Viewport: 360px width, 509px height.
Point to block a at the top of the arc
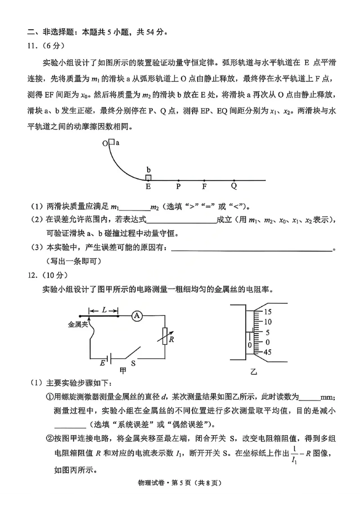pyautogui.click(x=112, y=143)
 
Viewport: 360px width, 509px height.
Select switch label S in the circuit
pyautogui.click(x=133, y=362)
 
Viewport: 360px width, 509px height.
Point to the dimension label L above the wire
pyautogui.click(x=104, y=310)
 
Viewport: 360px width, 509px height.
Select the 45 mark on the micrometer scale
pyautogui.click(x=267, y=352)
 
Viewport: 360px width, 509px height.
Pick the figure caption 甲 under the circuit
pyautogui.click(x=122, y=371)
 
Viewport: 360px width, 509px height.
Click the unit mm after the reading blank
pyautogui.click(x=324, y=397)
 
